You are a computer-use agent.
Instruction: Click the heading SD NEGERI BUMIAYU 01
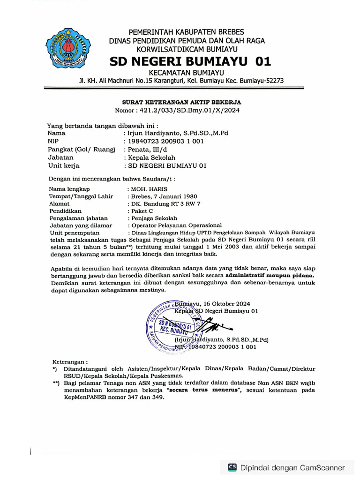coord(190,61)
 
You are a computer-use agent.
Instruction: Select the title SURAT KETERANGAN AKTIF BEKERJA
coord(182,102)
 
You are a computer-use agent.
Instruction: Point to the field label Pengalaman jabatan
coord(78,218)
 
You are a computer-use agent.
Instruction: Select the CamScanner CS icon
coord(232,467)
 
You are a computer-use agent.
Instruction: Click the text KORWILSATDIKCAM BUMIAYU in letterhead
coord(187,48)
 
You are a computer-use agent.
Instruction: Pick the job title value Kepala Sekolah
coord(149,157)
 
